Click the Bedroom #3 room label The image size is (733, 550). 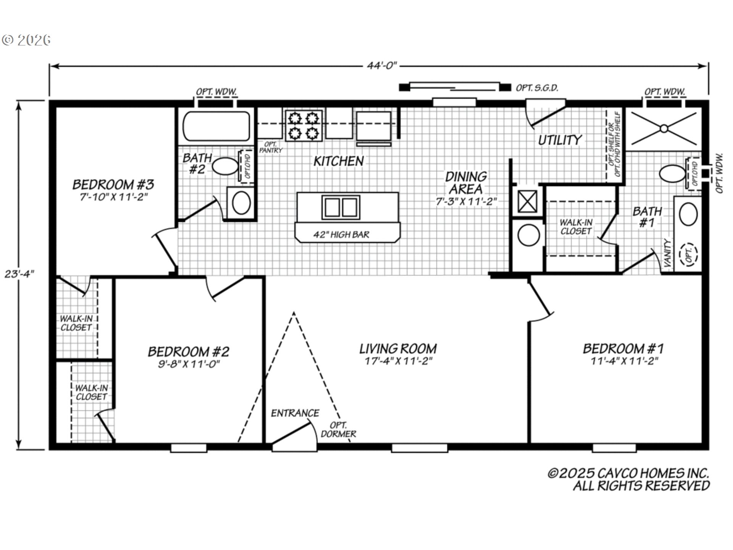[113, 184]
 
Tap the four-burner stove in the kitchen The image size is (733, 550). [304, 125]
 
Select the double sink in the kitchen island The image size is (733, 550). [341, 207]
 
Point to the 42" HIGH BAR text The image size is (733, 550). [341, 235]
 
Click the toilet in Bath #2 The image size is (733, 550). [225, 166]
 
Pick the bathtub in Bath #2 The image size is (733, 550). [216, 126]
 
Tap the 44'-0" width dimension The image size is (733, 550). [382, 66]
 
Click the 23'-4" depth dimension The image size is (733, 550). [19, 274]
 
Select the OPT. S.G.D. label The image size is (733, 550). [537, 88]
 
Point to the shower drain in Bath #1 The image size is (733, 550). [664, 128]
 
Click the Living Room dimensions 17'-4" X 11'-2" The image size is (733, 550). [398, 361]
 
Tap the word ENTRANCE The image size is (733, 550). [295, 413]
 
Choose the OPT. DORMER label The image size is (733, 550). [338, 430]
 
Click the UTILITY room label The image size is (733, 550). [560, 140]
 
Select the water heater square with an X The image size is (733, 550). [527, 201]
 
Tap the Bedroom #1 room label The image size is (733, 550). [623, 348]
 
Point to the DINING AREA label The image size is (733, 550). [466, 183]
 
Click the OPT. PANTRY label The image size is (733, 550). [271, 147]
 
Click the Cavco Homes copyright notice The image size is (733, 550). [628, 480]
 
